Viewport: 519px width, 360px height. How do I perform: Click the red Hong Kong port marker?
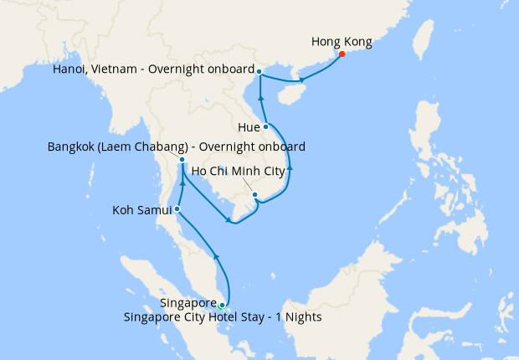pos(342,54)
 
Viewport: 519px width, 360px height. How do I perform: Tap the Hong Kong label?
pos(341,40)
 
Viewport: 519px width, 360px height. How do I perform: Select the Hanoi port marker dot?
pos(259,71)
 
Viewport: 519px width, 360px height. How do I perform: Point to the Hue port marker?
pos(266,127)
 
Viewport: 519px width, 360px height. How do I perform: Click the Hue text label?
pos(249,128)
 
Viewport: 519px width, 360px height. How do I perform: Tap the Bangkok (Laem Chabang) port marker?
pos(182,159)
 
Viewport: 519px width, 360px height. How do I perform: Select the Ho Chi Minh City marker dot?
pos(254,195)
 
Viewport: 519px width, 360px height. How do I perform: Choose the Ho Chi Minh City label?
pos(244,172)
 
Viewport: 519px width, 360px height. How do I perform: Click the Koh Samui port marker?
pos(177,209)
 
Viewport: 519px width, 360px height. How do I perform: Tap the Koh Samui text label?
pos(141,210)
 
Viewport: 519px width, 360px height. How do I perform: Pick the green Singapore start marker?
pos(222,305)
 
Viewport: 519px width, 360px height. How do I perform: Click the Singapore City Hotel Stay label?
pos(222,318)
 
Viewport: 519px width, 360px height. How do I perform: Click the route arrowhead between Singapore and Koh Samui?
pos(216,256)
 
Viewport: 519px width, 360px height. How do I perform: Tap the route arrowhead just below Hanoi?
pos(261,99)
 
